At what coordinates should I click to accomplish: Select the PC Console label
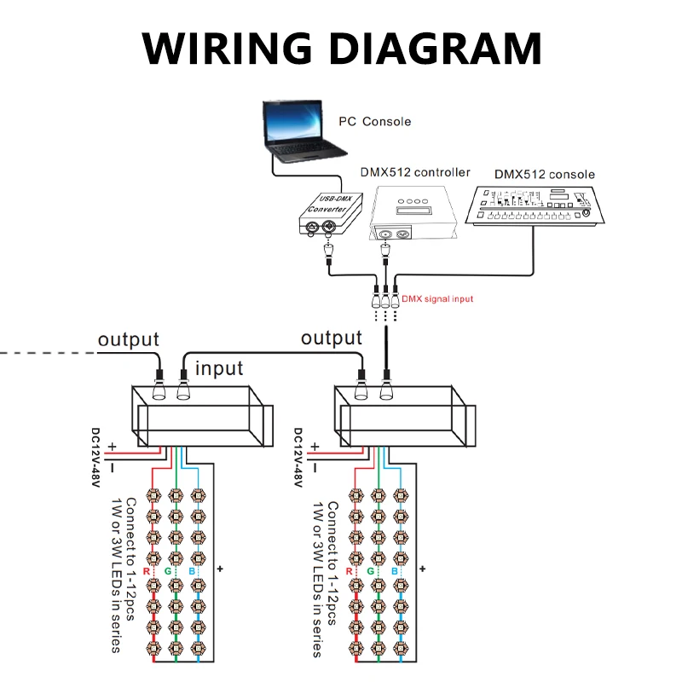coord(374,122)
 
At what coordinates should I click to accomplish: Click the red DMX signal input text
coord(437,299)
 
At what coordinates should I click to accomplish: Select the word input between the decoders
coord(219,368)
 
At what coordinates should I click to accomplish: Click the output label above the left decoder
coord(128,338)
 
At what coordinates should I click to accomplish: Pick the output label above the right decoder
coord(332,338)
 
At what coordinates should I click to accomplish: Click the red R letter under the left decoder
coord(147,571)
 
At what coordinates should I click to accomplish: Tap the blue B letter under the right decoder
coord(394,571)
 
